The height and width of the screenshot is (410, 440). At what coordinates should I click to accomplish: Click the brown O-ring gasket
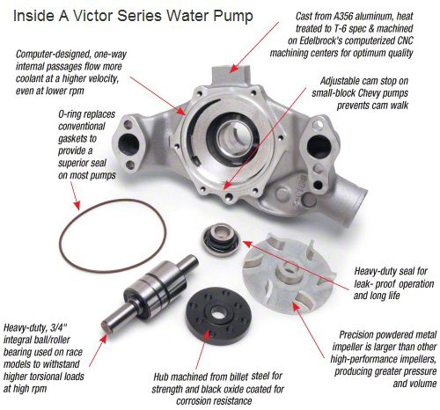[61, 235]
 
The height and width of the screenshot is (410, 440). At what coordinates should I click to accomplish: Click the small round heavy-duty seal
[221, 239]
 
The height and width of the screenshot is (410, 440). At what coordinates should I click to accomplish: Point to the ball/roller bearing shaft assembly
[149, 293]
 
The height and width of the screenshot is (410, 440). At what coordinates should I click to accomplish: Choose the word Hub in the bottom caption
[161, 377]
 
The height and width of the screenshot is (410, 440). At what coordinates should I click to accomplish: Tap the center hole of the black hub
[217, 314]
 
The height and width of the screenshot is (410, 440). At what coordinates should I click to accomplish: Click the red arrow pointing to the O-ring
[75, 196]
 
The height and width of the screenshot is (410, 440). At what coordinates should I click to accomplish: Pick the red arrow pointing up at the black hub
[203, 349]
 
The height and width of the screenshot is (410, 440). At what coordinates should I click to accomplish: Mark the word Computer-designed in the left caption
[55, 55]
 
